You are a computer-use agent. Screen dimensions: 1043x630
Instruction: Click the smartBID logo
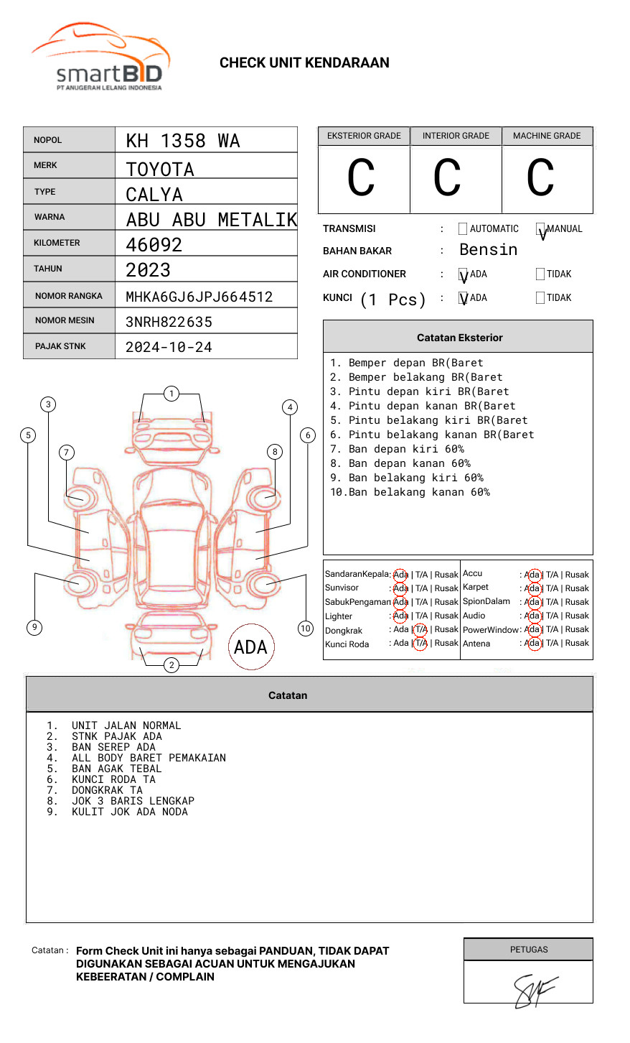click(x=100, y=57)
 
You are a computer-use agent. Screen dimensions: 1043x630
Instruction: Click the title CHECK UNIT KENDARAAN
click(x=304, y=63)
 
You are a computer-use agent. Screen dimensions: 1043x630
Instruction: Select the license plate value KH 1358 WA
click(x=183, y=141)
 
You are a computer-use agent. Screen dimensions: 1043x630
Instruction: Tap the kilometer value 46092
click(x=154, y=245)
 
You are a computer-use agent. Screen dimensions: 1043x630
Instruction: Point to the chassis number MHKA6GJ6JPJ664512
click(x=199, y=297)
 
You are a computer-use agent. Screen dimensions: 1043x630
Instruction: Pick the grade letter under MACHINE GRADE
click(x=540, y=178)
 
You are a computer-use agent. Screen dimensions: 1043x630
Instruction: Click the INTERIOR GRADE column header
click(x=456, y=136)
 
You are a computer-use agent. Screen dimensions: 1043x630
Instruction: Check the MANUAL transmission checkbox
click(x=540, y=229)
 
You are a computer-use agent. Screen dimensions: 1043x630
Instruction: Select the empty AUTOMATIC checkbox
click(x=463, y=229)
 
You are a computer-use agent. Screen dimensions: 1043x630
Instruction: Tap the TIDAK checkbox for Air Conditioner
click(x=540, y=274)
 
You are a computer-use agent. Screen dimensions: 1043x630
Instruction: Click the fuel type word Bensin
click(x=488, y=250)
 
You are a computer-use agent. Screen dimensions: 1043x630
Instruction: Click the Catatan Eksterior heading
click(x=459, y=338)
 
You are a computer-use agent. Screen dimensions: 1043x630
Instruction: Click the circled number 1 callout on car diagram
click(x=171, y=394)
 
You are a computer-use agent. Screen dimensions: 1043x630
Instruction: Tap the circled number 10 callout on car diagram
click(x=306, y=629)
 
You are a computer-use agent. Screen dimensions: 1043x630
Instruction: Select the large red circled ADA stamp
click(x=250, y=647)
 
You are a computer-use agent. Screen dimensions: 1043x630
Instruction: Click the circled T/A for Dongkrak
click(x=420, y=630)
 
